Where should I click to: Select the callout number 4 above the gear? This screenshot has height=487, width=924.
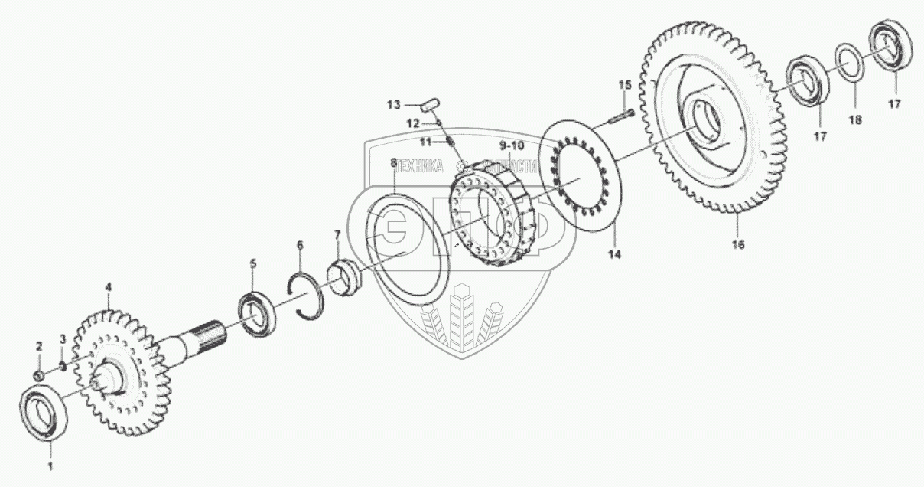tap(108, 287)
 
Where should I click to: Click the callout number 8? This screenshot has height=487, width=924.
tap(394, 163)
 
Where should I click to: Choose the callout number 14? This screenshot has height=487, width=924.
tap(616, 253)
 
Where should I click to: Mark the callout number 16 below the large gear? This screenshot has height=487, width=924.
tap(738, 244)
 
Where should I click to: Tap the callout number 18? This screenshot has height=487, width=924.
tap(856, 120)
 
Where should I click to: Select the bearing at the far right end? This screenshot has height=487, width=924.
tap(891, 44)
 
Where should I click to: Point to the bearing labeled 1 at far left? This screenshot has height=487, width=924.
tap(45, 414)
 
